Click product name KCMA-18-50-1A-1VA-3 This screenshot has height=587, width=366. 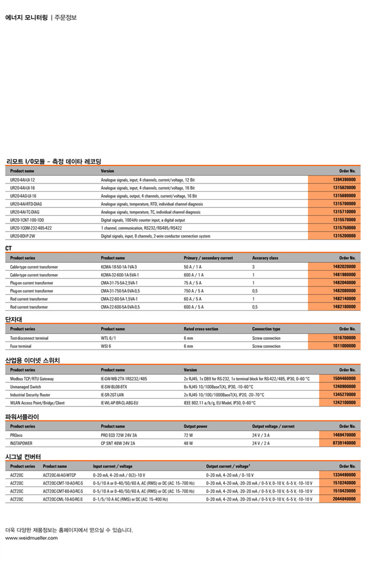119,267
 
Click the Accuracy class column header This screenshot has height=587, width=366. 265,258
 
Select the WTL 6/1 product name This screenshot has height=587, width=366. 109,338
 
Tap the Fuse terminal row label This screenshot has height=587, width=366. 21,346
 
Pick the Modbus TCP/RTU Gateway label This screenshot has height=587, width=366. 32,379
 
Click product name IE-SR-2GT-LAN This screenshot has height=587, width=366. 114,395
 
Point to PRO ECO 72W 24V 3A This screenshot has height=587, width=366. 119,435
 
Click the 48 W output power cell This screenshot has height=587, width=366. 188,443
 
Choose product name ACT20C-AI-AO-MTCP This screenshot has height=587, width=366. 59,475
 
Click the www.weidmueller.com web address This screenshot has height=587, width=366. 31,538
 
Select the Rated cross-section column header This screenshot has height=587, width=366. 201,329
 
